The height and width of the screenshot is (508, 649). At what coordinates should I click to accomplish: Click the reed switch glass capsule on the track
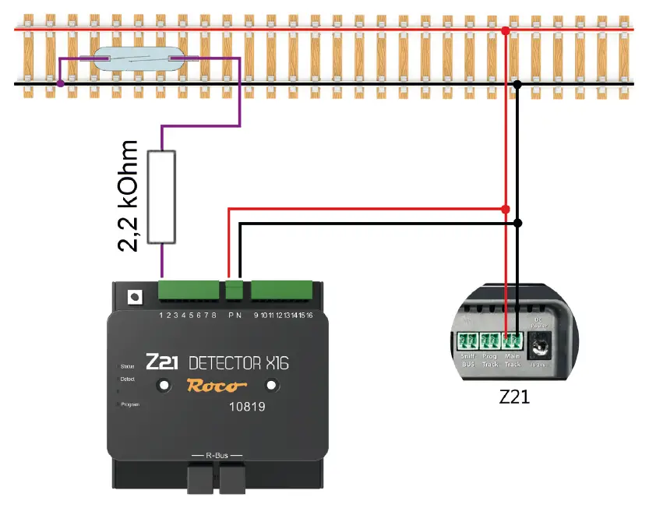[x=138, y=60]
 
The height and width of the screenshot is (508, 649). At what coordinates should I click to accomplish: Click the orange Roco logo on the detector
[x=216, y=386]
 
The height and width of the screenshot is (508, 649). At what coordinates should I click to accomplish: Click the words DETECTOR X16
[x=239, y=362]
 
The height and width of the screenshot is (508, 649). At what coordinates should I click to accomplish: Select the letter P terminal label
[x=231, y=315]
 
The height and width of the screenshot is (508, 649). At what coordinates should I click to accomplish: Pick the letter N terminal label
[x=240, y=315]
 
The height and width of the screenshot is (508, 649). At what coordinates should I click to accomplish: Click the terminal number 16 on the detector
[x=309, y=315]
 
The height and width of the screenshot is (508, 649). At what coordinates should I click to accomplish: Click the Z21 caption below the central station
[x=515, y=396]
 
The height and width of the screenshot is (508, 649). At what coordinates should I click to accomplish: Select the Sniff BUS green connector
[x=467, y=341]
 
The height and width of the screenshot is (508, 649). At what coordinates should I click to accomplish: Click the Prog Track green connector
[x=490, y=341]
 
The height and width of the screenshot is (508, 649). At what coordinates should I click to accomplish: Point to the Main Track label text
[x=512, y=361]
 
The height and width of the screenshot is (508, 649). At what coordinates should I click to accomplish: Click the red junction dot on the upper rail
[x=506, y=30]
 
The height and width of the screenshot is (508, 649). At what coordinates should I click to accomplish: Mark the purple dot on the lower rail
[x=60, y=83]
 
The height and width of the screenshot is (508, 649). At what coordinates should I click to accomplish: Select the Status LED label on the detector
[x=128, y=365]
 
